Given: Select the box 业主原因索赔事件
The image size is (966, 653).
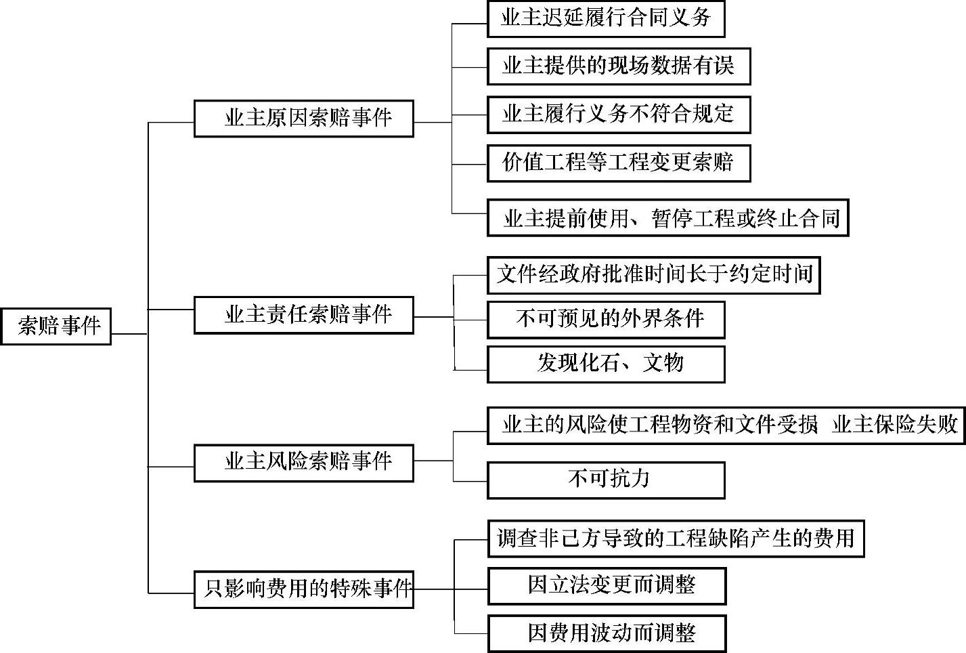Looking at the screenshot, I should (303, 119).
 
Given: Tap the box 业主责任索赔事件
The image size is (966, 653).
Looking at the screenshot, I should (303, 315).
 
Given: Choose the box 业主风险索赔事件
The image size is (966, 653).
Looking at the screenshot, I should (303, 463).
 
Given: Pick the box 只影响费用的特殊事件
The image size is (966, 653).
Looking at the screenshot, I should (303, 589).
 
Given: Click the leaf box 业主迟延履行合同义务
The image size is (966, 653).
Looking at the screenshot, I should (606, 18).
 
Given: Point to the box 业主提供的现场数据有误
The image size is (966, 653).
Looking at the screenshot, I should (619, 66).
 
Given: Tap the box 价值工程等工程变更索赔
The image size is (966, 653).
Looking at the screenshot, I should (619, 163).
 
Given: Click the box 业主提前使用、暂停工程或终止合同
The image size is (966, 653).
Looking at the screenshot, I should (667, 218).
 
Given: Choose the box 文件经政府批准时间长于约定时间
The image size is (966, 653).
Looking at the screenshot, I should (653, 275).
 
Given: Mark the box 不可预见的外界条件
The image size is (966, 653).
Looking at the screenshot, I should (606, 320).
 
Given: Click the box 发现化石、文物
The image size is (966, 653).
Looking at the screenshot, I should (606, 364).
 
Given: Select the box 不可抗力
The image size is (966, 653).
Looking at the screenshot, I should (606, 480).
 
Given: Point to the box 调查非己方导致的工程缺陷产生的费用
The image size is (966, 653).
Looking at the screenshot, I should (676, 539).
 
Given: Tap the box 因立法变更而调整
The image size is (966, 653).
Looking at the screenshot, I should (607, 586).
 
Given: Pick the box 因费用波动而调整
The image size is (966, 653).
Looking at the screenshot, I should (607, 634).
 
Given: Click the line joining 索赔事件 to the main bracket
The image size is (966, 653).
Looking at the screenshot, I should (129, 333).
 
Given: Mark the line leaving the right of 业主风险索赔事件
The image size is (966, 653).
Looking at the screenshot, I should (433, 461).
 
